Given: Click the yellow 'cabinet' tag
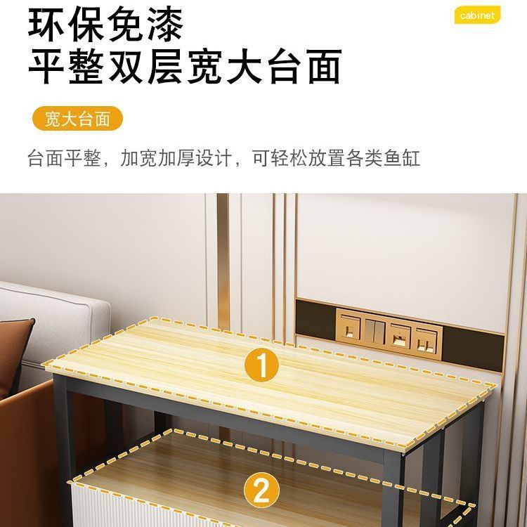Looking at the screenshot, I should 478,15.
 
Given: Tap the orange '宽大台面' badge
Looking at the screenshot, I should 77,119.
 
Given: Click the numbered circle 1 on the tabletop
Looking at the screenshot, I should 261,367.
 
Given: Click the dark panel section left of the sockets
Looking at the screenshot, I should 315,320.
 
